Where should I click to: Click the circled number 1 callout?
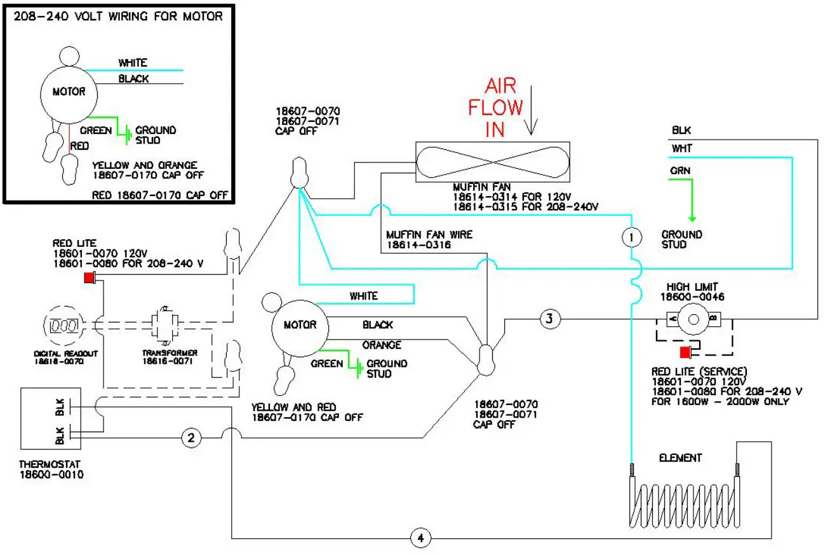point(631,237)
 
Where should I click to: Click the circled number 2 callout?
point(191,438)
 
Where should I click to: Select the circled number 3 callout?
point(550,319)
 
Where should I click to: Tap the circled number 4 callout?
point(420,538)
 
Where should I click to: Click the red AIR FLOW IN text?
point(495,107)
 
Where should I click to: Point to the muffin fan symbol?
point(493,162)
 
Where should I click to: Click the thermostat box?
point(51,418)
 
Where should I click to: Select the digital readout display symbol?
point(64,326)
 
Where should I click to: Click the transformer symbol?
point(165,326)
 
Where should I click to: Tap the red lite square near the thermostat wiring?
point(90,277)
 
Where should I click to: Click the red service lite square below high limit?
point(685,352)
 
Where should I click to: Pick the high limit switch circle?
point(693,319)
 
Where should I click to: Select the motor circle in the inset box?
point(69,95)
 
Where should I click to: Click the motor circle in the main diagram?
point(300,329)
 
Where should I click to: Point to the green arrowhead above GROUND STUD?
point(692,219)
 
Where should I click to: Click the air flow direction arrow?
point(531,110)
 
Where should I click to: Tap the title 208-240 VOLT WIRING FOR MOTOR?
point(118,17)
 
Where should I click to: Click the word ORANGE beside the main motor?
point(382,345)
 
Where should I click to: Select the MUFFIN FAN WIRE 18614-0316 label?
point(429,240)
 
